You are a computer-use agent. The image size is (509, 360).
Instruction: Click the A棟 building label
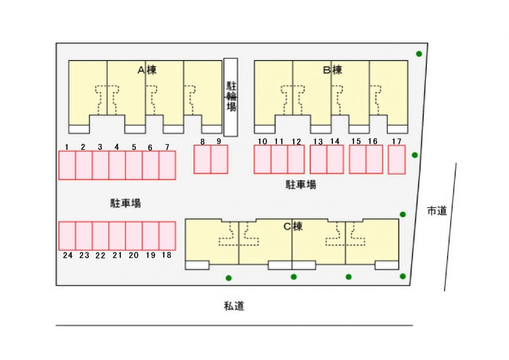tap(147, 70)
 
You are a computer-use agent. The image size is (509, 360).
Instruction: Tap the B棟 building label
tap(332, 70)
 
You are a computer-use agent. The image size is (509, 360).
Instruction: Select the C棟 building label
tap(293, 226)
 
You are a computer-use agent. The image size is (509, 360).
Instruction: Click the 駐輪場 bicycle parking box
tap(231, 97)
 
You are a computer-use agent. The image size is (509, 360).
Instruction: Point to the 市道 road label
tap(437, 211)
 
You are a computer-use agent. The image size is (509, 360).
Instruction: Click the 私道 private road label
tap(234, 306)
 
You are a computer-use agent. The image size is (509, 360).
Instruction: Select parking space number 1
tap(67, 165)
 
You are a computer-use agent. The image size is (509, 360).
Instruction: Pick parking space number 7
tap(167, 165)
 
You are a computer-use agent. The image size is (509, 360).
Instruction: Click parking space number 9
tap(219, 159)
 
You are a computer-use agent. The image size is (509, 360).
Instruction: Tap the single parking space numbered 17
tap(397, 159)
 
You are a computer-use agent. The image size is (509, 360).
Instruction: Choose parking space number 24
tap(67, 236)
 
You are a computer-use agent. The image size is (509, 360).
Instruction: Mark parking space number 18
tap(167, 236)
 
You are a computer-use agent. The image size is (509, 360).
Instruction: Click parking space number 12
tap(296, 159)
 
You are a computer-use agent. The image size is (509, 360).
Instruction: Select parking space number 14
tap(335, 159)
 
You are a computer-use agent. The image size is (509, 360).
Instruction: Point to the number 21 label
tap(117, 255)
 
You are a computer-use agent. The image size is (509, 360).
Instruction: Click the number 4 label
tap(117, 147)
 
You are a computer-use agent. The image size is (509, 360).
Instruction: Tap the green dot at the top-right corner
tap(419, 53)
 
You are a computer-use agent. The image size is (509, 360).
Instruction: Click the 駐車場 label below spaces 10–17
tap(300, 185)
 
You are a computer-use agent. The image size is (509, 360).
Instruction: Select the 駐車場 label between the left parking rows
tap(126, 203)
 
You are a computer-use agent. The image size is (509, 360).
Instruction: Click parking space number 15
tap(358, 159)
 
